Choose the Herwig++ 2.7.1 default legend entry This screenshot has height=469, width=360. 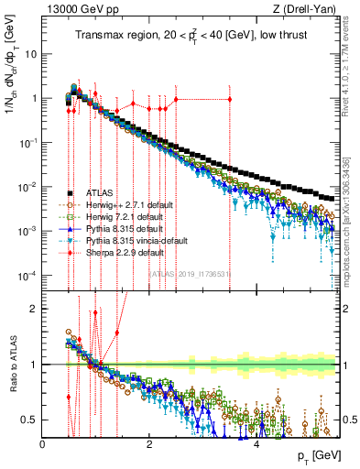point(127,204)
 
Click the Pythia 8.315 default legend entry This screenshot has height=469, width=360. point(124,228)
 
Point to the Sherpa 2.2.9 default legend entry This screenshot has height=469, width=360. point(124,252)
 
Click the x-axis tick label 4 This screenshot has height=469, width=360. point(257,443)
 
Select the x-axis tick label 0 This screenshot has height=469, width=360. point(43,443)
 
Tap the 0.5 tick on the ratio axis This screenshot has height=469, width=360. point(30,420)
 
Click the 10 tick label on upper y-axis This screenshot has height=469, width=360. point(31,53)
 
